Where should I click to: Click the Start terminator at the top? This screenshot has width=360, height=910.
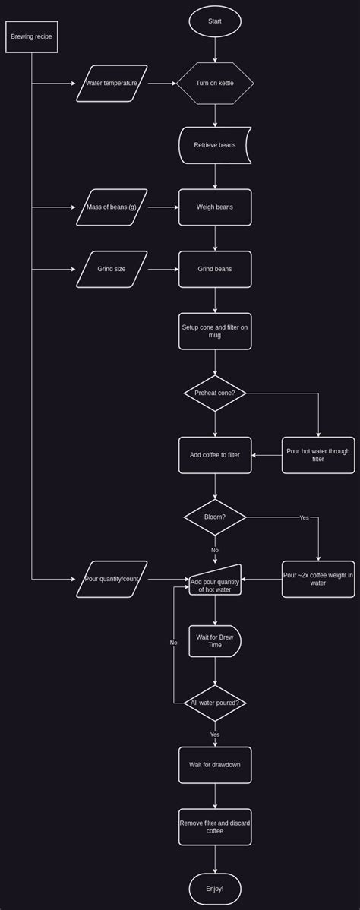215,21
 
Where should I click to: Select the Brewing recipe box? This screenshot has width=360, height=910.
32,36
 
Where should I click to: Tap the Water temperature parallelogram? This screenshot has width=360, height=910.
112,83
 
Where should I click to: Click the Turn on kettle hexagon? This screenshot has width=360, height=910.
215,83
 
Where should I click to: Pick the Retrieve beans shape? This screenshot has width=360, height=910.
215,145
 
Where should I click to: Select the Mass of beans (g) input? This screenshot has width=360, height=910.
112,207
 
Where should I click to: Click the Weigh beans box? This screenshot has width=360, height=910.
215,207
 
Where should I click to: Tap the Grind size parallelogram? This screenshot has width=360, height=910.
112,269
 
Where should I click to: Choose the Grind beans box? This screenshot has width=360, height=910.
215,269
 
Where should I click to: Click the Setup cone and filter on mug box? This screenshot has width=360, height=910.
215,331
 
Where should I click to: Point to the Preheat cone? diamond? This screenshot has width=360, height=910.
215,393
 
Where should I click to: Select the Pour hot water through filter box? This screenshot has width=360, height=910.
318,455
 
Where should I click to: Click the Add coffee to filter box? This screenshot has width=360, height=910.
215,455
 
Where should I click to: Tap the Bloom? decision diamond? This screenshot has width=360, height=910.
215,517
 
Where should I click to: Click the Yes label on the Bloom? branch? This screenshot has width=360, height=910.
304,517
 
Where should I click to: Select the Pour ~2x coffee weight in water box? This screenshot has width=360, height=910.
318,579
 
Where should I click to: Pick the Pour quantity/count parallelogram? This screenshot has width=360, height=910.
112,579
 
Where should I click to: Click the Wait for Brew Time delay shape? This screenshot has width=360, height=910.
215,641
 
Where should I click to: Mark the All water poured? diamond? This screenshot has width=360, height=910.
215,703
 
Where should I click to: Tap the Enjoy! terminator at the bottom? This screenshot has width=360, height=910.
215,889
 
